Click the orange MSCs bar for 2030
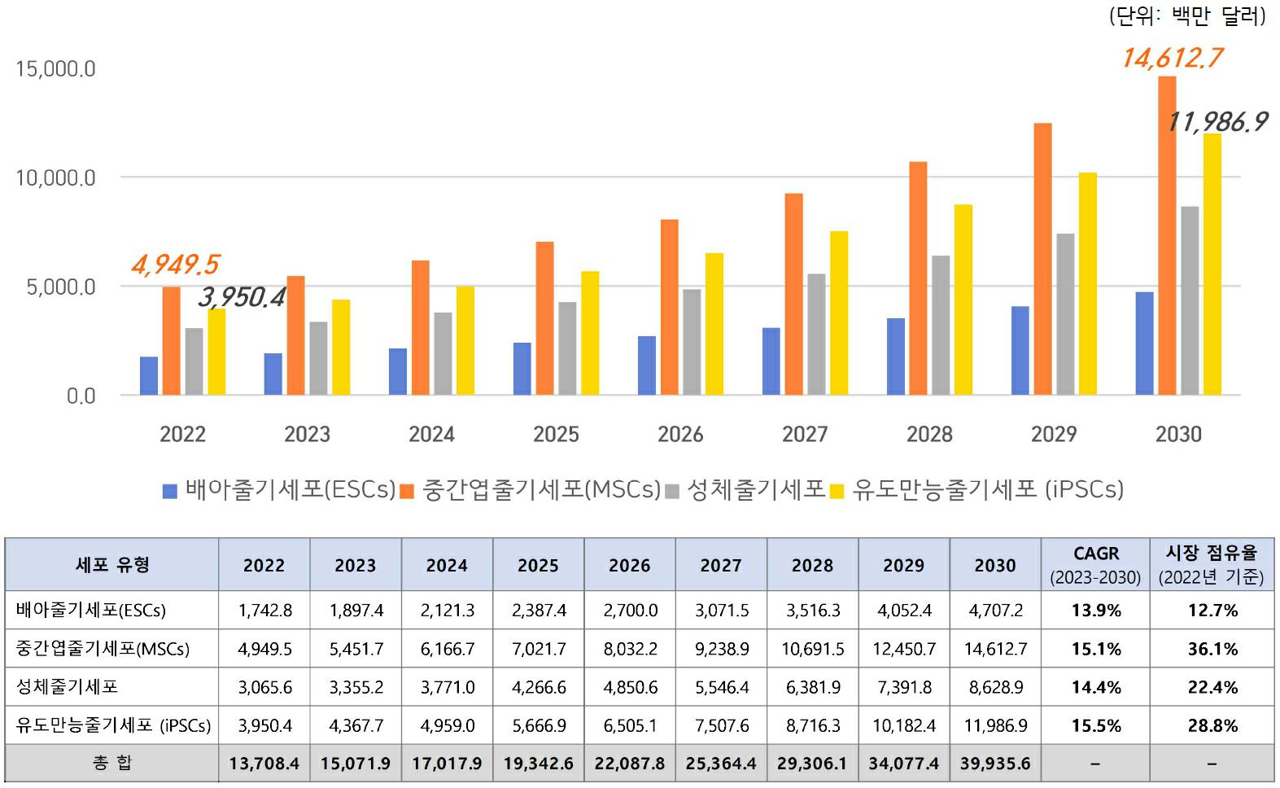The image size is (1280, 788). (x=1167, y=236)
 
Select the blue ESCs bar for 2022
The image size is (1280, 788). (x=149, y=376)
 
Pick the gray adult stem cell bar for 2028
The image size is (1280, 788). (x=941, y=326)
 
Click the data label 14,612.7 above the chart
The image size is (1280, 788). (x=1172, y=58)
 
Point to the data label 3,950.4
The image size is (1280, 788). (x=242, y=297)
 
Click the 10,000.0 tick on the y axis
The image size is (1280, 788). (x=55, y=177)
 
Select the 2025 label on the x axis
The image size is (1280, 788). (x=556, y=434)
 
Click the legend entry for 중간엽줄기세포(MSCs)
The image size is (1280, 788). (x=532, y=489)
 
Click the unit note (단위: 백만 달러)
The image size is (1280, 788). (x=1187, y=15)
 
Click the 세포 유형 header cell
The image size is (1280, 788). (x=112, y=564)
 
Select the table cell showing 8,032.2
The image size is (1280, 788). (x=630, y=649)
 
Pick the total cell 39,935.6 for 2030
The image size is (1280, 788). (x=994, y=764)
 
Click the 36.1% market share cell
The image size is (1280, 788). (x=1212, y=649)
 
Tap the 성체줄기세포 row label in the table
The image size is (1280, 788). (x=68, y=687)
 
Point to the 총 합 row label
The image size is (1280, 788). (x=112, y=764)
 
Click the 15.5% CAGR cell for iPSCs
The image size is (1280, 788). (x=1095, y=725)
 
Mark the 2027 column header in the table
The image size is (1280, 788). (x=721, y=565)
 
